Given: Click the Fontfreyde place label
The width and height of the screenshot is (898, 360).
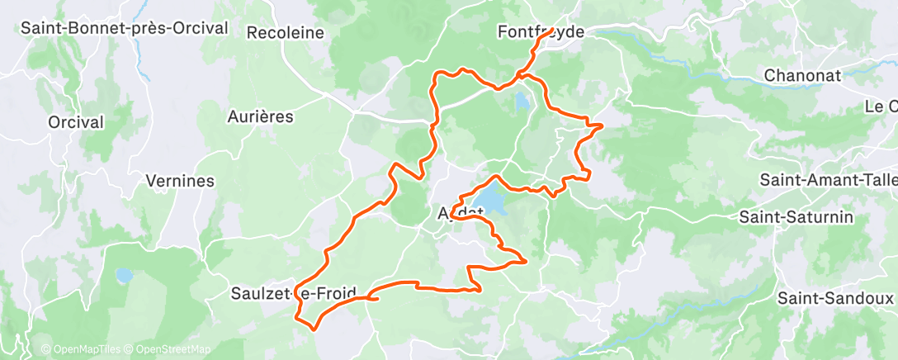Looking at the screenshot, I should click(541, 32).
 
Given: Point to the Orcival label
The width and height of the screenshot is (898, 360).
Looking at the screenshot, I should click(76, 122).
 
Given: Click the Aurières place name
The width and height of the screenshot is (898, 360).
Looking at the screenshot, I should click(260, 116).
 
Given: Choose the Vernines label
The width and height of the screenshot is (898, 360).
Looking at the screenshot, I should click(179, 180).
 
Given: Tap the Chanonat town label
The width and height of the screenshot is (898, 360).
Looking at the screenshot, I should click(802, 75).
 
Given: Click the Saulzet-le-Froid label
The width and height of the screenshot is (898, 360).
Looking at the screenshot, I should click(295, 293).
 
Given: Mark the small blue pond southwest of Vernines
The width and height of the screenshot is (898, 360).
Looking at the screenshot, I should click(125, 275).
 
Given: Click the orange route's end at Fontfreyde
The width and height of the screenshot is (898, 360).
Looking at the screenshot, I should click(551, 32).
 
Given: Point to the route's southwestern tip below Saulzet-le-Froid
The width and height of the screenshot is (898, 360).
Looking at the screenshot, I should click(313, 328).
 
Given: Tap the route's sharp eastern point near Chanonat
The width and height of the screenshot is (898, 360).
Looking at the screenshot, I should click(603, 126).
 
